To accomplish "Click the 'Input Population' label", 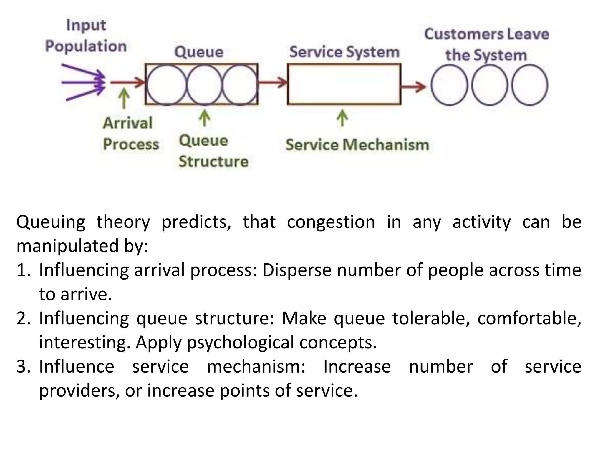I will (x=86, y=36).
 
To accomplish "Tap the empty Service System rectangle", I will (x=344, y=84).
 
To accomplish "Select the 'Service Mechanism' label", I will (x=357, y=145).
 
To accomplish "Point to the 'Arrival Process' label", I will (x=130, y=134).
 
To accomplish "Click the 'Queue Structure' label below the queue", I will (x=213, y=151).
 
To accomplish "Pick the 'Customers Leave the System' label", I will (x=486, y=44).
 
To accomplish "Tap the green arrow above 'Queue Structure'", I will (x=205, y=118).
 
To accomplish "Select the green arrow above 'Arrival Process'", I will (x=124, y=99).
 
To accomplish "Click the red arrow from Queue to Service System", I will (x=272, y=82).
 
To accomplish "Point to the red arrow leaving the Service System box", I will (x=413, y=86).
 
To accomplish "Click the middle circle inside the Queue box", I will (x=204, y=85).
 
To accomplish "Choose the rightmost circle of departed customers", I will (x=529, y=85).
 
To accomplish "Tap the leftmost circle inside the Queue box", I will (x=166, y=85).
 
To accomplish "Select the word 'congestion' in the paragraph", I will (x=331, y=222).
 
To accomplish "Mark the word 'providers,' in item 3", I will (x=79, y=391).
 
